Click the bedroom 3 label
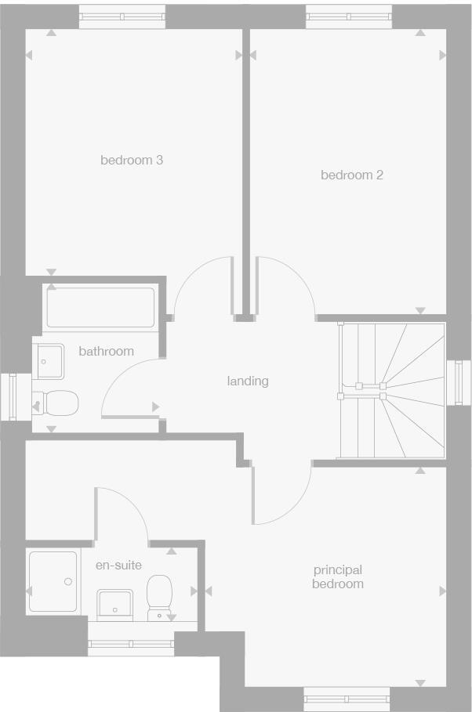tap(132, 161)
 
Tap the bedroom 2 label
tap(352, 175)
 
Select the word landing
tap(248, 381)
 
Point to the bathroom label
tap(106, 352)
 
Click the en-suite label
tap(118, 565)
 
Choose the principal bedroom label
tap(338, 577)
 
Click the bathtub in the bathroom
tap(100, 307)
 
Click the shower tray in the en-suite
tap(53, 580)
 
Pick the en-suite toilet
tap(160, 597)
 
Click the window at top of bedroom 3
tap(122, 16)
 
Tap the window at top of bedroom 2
tap(349, 16)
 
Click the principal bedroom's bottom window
tap(347, 698)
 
